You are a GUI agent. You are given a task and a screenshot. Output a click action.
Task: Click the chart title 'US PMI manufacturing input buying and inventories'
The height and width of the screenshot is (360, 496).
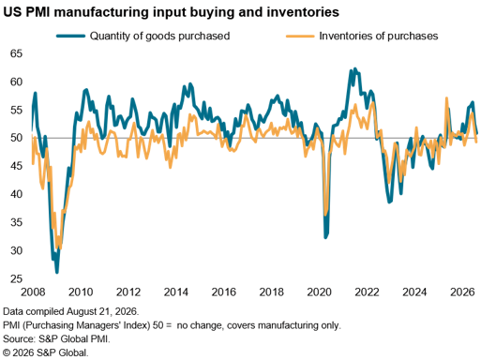point(172,12)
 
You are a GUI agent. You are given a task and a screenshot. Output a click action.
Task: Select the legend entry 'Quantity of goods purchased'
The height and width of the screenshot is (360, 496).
point(159,36)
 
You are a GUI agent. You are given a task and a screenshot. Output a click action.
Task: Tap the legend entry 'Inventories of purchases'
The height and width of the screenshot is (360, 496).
point(379,36)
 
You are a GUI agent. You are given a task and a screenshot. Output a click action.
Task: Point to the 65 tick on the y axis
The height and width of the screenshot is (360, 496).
point(17,53)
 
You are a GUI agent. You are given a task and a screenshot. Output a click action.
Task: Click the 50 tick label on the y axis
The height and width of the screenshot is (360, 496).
point(17,138)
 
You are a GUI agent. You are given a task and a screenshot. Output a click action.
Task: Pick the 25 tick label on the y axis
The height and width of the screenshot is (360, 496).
point(17,278)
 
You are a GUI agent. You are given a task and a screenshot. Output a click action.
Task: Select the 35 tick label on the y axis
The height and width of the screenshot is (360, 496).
point(17,222)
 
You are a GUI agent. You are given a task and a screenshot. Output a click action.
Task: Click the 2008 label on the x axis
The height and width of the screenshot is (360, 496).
point(33,292)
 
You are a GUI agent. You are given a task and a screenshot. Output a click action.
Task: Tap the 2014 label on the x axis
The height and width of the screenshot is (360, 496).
point(176,292)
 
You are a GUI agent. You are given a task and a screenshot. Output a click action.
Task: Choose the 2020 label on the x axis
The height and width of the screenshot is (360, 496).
point(319,292)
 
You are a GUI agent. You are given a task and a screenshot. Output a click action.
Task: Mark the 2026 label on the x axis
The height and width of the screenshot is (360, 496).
point(462,292)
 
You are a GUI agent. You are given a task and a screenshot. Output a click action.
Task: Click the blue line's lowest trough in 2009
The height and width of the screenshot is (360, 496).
point(57,272)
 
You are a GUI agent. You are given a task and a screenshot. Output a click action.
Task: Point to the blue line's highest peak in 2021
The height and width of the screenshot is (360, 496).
point(355,68)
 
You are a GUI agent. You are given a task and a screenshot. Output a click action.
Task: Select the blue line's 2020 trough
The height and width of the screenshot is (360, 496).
point(325,237)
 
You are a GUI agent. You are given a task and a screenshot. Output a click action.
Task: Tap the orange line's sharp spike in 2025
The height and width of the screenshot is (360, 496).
point(446,98)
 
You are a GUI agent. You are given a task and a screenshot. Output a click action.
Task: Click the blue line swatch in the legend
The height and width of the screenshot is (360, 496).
point(71,36)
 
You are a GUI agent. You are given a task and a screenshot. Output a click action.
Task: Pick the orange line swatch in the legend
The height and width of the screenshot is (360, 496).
point(300,36)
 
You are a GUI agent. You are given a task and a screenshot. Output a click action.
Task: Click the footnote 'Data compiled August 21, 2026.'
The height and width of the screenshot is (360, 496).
point(71,311)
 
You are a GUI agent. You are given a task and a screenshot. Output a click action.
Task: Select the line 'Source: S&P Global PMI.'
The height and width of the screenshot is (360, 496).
point(56,339)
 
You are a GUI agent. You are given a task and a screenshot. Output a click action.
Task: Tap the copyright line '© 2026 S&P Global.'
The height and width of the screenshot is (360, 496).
point(46,352)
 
